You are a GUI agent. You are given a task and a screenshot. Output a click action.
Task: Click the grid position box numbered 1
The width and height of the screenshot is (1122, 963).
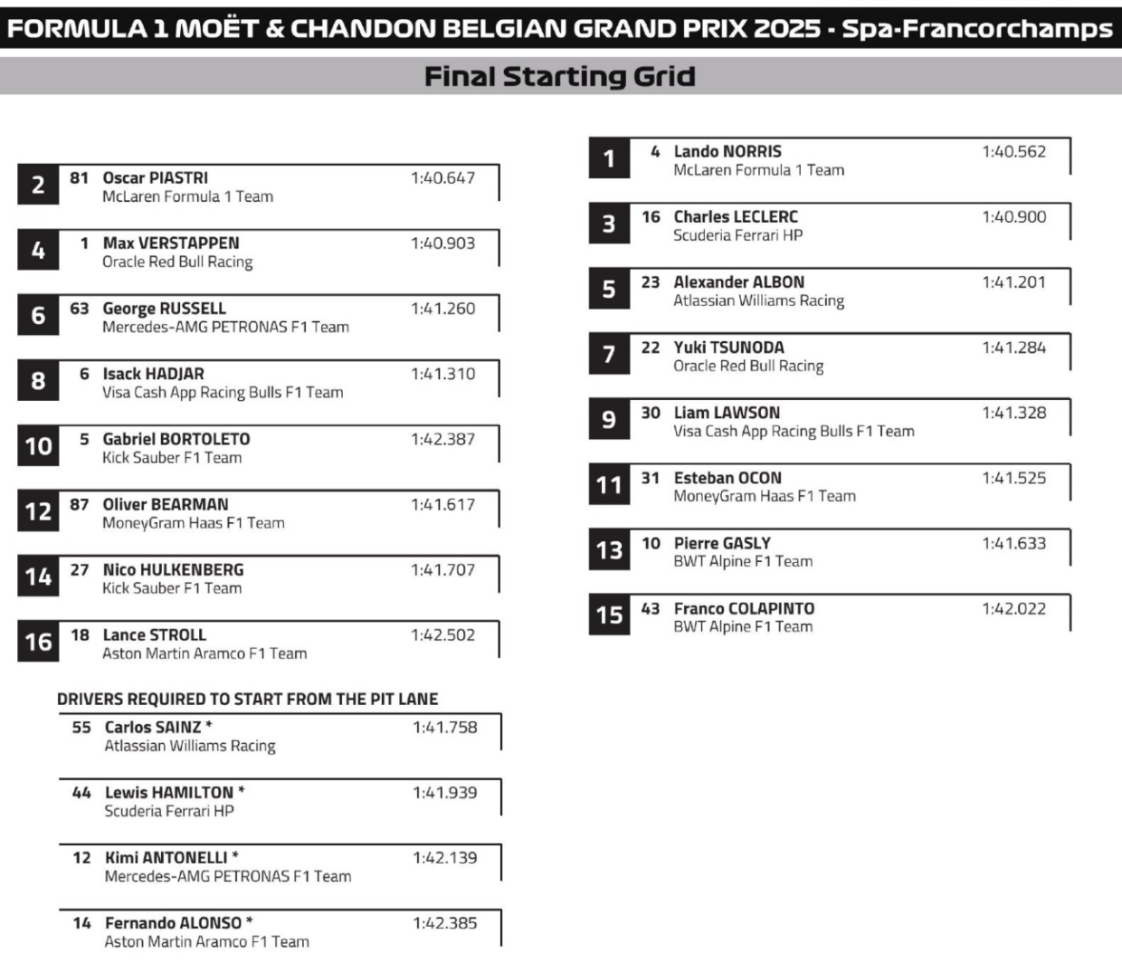pyautogui.click(x=609, y=159)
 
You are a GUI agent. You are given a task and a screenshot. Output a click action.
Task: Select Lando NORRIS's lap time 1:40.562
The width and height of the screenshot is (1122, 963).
pyautogui.click(x=1013, y=151)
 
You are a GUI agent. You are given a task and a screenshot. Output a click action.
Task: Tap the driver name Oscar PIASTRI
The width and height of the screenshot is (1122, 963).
pyautogui.click(x=155, y=177)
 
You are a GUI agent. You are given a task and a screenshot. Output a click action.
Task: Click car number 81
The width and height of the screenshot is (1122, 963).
pyautogui.click(x=80, y=177)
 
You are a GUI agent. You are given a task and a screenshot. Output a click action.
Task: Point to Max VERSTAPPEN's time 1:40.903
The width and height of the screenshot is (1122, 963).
pyautogui.click(x=442, y=243)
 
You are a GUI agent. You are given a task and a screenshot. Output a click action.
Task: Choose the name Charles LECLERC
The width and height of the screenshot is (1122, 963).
pyautogui.click(x=736, y=216)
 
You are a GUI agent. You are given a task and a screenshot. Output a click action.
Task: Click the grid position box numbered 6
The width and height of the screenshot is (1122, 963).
pyautogui.click(x=38, y=315)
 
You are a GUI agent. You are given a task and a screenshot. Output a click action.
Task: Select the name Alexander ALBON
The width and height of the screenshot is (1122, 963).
pyautogui.click(x=738, y=281)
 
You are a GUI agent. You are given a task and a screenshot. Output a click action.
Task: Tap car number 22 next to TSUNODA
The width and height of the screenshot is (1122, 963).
pyautogui.click(x=651, y=347)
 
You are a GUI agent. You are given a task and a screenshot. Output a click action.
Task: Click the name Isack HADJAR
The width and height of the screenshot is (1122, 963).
pyautogui.click(x=153, y=373)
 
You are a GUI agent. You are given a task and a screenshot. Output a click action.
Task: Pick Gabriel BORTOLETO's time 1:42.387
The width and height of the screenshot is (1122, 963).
pyautogui.click(x=442, y=439)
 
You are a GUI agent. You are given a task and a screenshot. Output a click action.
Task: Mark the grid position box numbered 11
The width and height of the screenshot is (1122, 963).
pyautogui.click(x=609, y=485)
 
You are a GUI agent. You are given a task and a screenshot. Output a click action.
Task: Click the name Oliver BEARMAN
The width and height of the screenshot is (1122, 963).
pyautogui.click(x=166, y=504)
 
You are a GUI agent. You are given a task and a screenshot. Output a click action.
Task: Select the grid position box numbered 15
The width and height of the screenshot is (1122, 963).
pyautogui.click(x=609, y=615)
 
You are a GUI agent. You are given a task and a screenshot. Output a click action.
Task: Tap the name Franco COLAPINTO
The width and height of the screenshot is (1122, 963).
pyautogui.click(x=744, y=608)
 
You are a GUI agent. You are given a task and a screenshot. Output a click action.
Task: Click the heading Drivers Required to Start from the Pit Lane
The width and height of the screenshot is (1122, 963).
pyautogui.click(x=247, y=699)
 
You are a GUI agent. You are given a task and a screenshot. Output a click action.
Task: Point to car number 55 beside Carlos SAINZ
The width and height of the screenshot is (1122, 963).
pyautogui.click(x=81, y=727)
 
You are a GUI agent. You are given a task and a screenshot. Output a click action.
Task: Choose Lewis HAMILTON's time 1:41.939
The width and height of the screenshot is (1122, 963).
pyautogui.click(x=444, y=792)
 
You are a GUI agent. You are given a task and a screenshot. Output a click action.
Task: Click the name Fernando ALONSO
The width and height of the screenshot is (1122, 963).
pyautogui.click(x=174, y=922)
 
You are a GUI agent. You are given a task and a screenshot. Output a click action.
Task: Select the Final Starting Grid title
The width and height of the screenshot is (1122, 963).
pyautogui.click(x=560, y=76)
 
